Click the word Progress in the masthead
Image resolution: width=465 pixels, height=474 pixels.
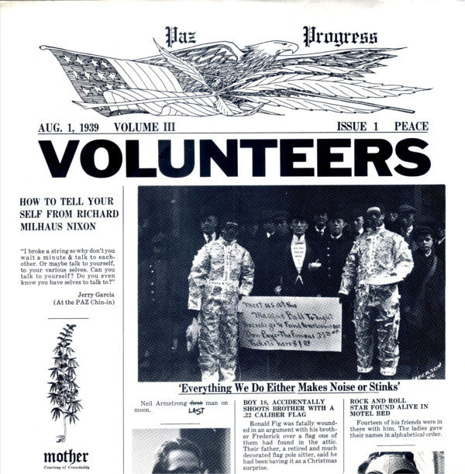coord(341,37)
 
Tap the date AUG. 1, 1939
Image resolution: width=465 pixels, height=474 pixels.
coord(71,126)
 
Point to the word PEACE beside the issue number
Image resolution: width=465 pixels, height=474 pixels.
coord(412,126)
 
